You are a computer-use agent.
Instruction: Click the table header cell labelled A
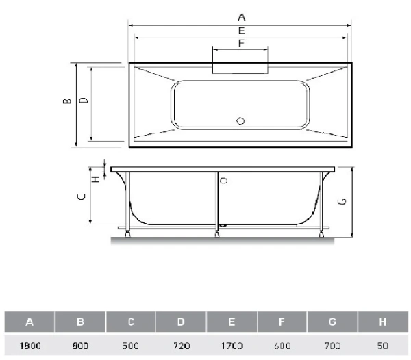(29, 322)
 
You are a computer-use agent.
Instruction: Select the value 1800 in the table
(30, 346)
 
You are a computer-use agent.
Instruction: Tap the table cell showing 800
(80, 346)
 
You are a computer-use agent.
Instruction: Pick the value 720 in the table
(182, 346)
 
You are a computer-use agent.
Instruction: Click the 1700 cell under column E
(232, 346)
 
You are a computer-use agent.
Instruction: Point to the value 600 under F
(282, 346)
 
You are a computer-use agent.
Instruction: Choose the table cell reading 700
(332, 346)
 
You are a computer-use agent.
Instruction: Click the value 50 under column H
(382, 346)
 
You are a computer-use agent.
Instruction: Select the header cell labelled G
(332, 322)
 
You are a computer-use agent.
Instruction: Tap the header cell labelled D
(181, 322)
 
